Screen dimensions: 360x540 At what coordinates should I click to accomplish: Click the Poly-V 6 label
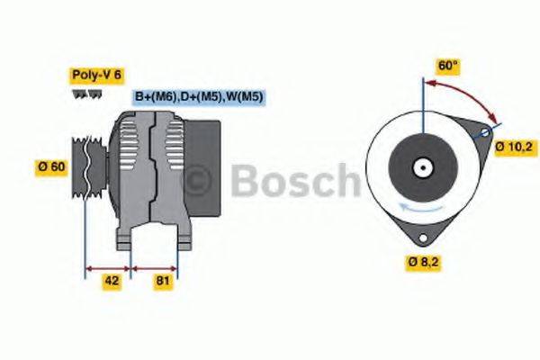[x=94, y=75]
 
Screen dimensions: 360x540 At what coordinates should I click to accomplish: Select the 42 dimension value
[x=112, y=280]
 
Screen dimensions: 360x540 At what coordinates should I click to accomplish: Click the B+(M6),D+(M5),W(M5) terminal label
[x=198, y=96]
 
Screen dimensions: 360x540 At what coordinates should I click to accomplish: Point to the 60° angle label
[x=448, y=66]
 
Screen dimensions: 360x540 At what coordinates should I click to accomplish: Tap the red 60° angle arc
[x=468, y=94]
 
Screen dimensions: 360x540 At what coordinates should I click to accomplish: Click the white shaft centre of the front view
[x=421, y=167]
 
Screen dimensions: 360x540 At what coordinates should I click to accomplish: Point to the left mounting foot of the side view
[x=125, y=239]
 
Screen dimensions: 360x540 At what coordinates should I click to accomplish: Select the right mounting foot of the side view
[x=182, y=239]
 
